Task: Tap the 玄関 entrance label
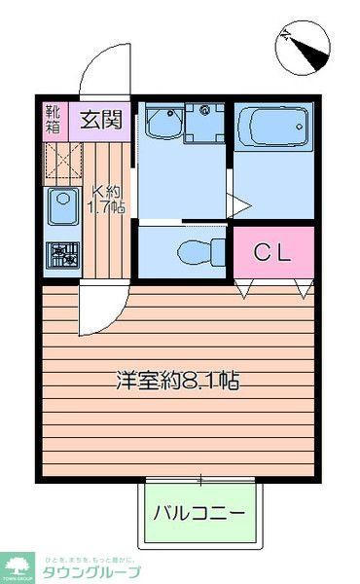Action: click(x=100, y=122)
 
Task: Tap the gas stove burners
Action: click(x=63, y=255)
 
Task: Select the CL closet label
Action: click(x=273, y=252)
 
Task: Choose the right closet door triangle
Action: click(x=305, y=288)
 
